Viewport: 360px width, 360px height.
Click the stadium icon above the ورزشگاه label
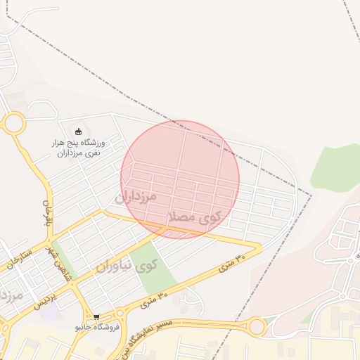coord(78,131)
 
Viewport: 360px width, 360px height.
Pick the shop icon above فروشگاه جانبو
coord(96,317)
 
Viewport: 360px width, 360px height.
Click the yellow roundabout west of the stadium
coord(13,124)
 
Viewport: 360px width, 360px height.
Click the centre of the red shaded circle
coord(180,179)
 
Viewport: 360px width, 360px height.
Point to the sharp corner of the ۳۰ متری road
coord(259,248)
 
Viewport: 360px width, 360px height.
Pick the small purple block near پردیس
coord(49,310)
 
